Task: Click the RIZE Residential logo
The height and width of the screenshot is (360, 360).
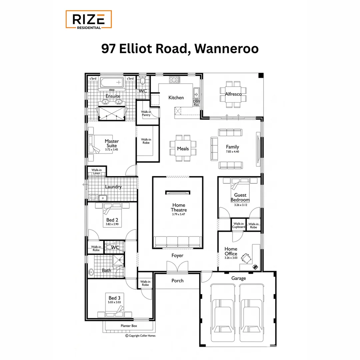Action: [88, 19]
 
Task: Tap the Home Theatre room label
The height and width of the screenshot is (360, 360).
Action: [179, 207]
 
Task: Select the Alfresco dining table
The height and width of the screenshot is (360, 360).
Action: [233, 94]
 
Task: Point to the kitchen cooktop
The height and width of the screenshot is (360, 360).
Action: [174, 80]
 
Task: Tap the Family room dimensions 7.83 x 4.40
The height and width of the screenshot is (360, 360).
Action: [232, 152]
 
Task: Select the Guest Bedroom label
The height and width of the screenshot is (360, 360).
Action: [240, 197]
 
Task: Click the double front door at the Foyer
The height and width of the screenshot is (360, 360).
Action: [177, 267]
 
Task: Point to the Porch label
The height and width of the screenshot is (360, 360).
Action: [177, 281]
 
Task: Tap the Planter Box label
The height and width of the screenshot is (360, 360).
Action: [129, 326]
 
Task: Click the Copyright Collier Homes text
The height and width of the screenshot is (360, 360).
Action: [140, 336]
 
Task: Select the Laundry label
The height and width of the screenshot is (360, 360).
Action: [113, 187]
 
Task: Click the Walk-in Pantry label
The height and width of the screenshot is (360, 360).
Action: [146, 113]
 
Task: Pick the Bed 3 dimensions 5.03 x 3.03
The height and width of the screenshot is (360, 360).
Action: [113, 302]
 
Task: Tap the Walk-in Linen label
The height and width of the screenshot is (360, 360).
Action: [96, 171]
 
